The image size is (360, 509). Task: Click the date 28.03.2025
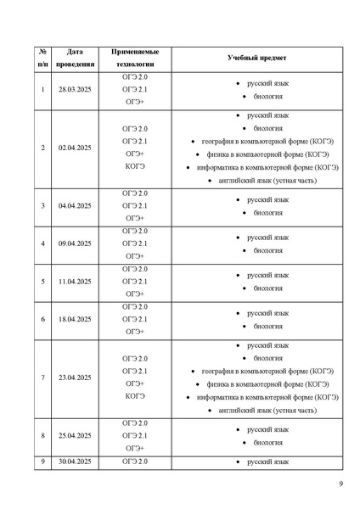pos(74,89)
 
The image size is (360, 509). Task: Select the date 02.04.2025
pos(74,148)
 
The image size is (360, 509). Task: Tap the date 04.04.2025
pos(74,206)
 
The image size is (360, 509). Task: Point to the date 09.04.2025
pos(74,243)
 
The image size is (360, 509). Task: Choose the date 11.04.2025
pos(74,281)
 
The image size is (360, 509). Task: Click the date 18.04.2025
pos(74,319)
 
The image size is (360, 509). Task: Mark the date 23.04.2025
pos(74,378)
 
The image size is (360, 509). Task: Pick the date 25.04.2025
pos(74,436)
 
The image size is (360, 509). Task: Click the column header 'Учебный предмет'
pos(256,58)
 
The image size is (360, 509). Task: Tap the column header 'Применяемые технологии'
pos(135,58)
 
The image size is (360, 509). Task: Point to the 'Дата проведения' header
pos(74,58)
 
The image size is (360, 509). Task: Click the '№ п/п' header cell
pos(42,58)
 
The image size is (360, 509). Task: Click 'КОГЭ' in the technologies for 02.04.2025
pos(135,166)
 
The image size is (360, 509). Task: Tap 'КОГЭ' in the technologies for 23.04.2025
pos(135,396)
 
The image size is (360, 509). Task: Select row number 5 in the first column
pos(42,281)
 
